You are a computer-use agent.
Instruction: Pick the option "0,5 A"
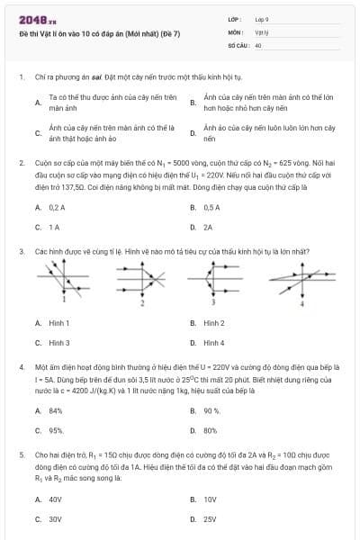(x=211, y=207)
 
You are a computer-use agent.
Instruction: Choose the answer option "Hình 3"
(x=59, y=343)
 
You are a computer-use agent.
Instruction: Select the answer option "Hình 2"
(x=214, y=322)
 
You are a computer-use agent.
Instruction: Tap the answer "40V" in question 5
(x=56, y=499)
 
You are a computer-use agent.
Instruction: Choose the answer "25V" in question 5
(x=210, y=519)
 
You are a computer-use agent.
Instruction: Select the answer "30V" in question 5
(x=56, y=519)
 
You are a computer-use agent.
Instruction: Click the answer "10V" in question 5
(x=210, y=499)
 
